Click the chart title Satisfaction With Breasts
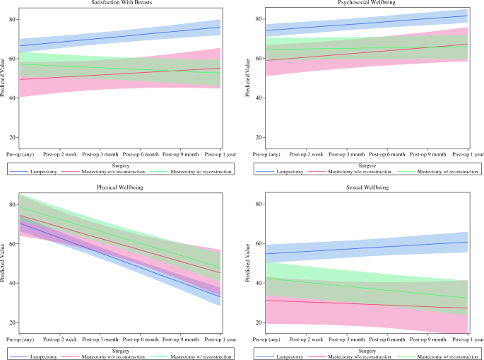tap(120, 3)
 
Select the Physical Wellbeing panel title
tap(120, 188)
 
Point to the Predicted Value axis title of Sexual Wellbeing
tap(248, 263)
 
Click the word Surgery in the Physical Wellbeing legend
tap(120, 349)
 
